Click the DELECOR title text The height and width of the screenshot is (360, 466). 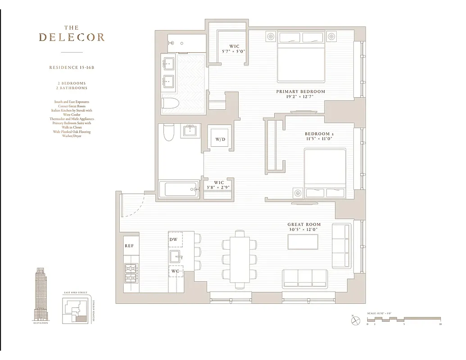point(72,37)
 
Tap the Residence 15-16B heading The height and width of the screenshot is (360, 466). point(72,67)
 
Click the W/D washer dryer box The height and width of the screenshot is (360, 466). point(220,139)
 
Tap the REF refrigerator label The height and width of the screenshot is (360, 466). point(129,246)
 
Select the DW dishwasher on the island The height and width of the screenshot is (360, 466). point(175,240)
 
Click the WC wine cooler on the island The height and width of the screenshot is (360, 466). point(175,271)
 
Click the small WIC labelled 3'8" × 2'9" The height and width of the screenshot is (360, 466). point(218,185)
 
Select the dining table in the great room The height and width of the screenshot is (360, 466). point(239,259)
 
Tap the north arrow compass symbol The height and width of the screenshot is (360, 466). point(355,320)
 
